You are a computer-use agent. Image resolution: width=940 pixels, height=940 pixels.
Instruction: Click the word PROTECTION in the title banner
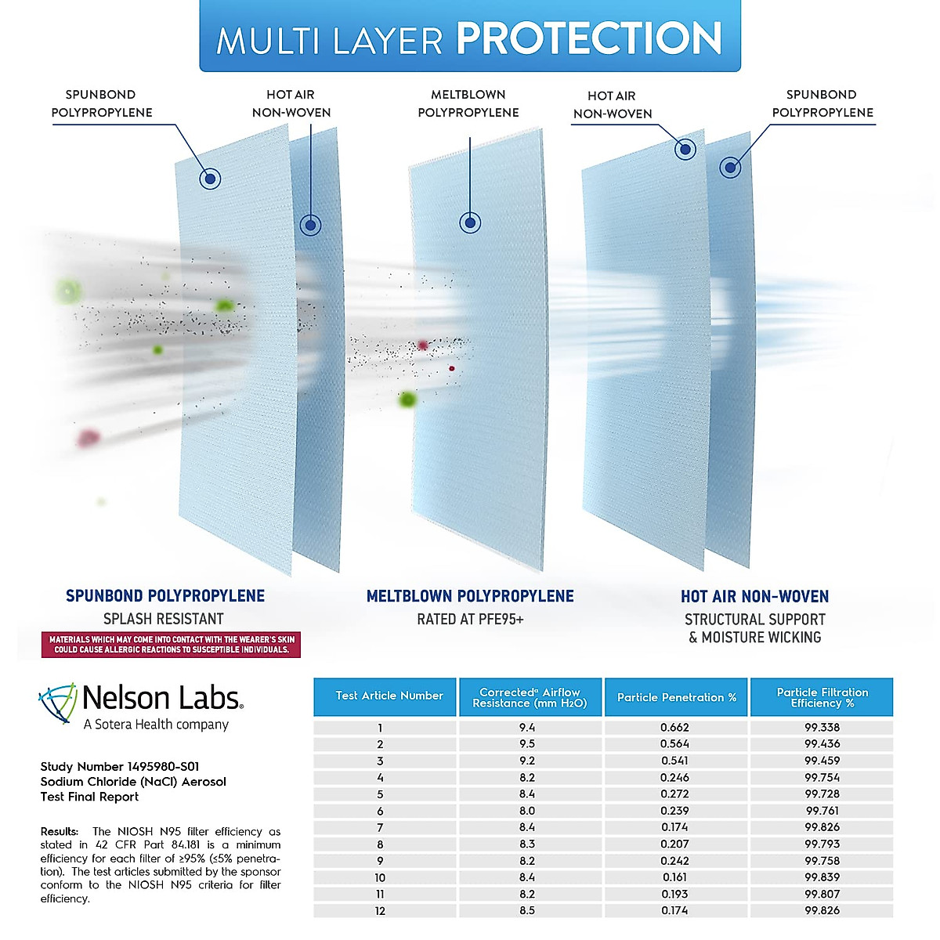click(589, 38)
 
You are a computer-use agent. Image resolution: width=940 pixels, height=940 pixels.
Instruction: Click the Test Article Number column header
click(389, 696)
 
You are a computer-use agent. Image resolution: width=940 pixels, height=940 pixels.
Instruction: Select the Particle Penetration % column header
click(676, 697)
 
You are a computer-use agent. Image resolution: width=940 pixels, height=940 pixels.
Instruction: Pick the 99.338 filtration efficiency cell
click(822, 727)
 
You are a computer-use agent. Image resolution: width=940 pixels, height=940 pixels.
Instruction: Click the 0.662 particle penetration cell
click(674, 727)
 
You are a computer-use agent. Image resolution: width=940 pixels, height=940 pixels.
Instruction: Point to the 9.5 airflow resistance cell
click(527, 744)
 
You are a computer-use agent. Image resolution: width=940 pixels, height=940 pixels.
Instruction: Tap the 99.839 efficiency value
click(822, 877)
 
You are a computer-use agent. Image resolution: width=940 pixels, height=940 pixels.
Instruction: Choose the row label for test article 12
click(380, 911)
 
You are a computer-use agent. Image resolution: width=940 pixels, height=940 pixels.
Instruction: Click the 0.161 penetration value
click(674, 877)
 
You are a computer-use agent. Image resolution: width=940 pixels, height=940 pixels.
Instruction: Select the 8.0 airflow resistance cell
click(527, 811)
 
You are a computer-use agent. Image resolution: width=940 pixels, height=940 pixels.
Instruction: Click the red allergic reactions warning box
click(171, 645)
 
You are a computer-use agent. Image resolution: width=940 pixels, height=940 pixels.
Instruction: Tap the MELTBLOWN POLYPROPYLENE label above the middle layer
click(468, 103)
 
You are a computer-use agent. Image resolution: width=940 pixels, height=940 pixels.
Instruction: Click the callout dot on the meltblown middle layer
click(470, 223)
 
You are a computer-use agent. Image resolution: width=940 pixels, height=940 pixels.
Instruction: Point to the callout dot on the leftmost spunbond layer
click(210, 179)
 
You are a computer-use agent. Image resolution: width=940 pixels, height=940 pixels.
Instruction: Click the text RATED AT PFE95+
click(470, 620)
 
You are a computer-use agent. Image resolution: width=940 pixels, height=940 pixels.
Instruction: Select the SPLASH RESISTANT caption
click(164, 619)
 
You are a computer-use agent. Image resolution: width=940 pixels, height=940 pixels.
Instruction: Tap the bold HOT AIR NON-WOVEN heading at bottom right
click(754, 596)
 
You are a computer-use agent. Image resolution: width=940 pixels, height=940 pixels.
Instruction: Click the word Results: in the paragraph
click(59, 831)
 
